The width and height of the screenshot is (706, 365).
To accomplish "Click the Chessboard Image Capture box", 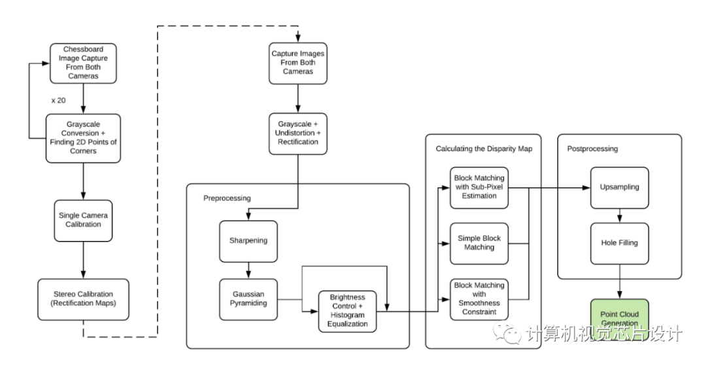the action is pyautogui.click(x=83, y=63).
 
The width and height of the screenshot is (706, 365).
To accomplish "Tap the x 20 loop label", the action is pyautogui.click(x=59, y=101).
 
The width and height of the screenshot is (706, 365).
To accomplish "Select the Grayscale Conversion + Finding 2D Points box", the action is pyautogui.click(x=83, y=138).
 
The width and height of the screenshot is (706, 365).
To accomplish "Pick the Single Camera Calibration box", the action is pyautogui.click(x=83, y=221).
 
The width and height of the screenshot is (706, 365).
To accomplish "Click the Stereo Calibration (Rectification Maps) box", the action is pyautogui.click(x=83, y=299).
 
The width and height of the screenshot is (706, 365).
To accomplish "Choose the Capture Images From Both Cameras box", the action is pyautogui.click(x=298, y=63).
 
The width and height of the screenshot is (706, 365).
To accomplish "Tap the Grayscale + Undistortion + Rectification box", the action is pyautogui.click(x=298, y=133).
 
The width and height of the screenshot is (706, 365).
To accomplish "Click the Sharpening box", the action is pyautogui.click(x=248, y=241).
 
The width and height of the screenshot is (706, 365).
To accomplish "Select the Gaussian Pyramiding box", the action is pyautogui.click(x=248, y=299).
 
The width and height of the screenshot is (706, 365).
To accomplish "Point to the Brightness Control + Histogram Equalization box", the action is pyautogui.click(x=348, y=311).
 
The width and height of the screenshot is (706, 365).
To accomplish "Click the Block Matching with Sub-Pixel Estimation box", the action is pyautogui.click(x=479, y=187).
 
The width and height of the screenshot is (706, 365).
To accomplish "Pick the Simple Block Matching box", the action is pyautogui.click(x=479, y=243).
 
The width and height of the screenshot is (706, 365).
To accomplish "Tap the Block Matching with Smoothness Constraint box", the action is pyautogui.click(x=479, y=299).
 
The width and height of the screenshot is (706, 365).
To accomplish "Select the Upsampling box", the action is pyautogui.click(x=620, y=187).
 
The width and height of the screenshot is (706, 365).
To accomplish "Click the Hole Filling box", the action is pyautogui.click(x=620, y=243).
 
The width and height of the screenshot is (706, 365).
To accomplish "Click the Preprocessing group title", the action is pyautogui.click(x=227, y=198).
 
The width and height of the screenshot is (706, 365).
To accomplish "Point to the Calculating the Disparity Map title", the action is pyautogui.click(x=484, y=149).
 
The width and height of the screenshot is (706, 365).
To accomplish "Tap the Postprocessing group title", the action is pyautogui.click(x=592, y=149).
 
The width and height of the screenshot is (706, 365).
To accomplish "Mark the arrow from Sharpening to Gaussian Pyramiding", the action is pyautogui.click(x=248, y=270).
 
